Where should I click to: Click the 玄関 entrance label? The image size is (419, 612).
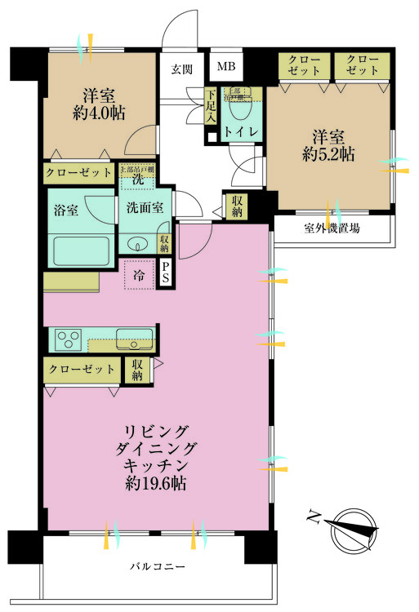pyautogui.click(x=181, y=69)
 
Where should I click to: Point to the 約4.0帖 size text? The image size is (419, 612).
pyautogui.click(x=99, y=114)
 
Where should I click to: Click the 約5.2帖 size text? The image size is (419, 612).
pyautogui.click(x=332, y=153)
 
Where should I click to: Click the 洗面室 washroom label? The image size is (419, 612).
pyautogui.click(x=146, y=207)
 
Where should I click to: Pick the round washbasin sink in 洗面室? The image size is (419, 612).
pyautogui.click(x=138, y=242)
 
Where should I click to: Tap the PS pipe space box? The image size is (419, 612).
pyautogui.click(x=166, y=273)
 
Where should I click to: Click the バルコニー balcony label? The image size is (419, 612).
pyautogui.click(x=157, y=565)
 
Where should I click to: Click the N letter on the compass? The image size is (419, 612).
pyautogui.click(x=313, y=516)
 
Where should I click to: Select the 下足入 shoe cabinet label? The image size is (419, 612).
pyautogui.click(x=210, y=106)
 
